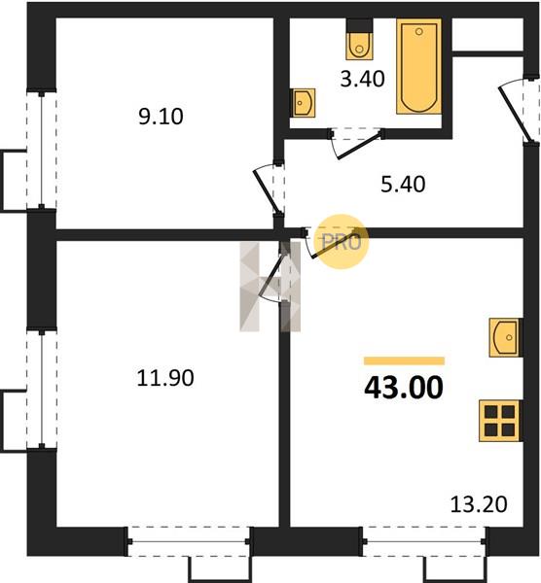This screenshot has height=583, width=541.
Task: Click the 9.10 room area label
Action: click(x=161, y=117)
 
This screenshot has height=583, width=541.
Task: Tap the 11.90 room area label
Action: click(x=165, y=378)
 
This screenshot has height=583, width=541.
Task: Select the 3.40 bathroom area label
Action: click(x=362, y=80)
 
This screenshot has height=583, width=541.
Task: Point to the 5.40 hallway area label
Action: click(x=403, y=185)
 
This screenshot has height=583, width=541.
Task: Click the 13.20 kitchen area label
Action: click(x=479, y=504)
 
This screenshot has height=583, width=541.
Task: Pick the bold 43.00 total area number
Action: click(x=404, y=388)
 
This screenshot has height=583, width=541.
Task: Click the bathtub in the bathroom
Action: click(x=418, y=66)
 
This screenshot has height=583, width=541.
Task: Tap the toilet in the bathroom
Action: click(x=359, y=40)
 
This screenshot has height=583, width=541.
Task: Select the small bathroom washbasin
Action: click(x=303, y=103)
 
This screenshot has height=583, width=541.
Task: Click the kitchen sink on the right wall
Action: click(x=505, y=337)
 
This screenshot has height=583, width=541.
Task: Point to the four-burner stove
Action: click(x=500, y=421)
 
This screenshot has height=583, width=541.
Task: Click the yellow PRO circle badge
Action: click(x=342, y=242)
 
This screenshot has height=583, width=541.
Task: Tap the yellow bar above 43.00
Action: click(x=404, y=360)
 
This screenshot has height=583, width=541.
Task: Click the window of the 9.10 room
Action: click(x=41, y=150)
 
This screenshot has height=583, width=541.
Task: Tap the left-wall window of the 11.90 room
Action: click(x=41, y=389)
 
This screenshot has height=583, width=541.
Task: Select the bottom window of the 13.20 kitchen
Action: click(x=423, y=541)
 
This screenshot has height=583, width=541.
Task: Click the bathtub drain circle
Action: click(x=418, y=32)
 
